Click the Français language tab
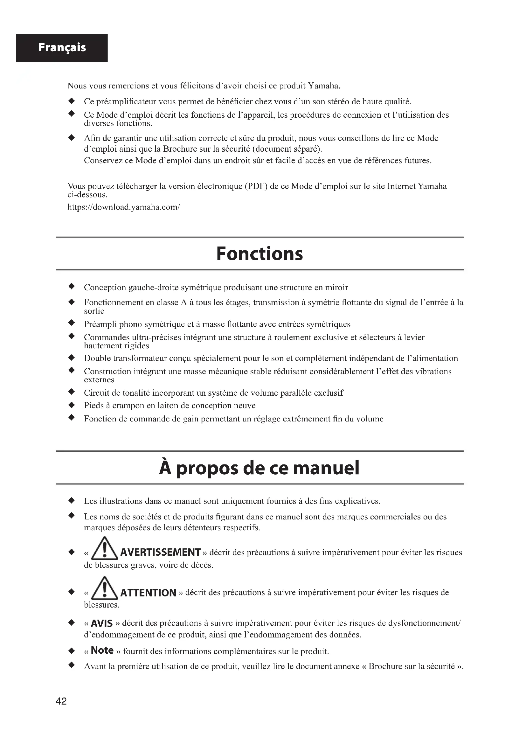point(62,48)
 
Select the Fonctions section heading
point(260,254)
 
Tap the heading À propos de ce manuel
point(260,468)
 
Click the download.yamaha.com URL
point(123,207)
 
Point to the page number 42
point(61,701)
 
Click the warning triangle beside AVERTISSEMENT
point(105,549)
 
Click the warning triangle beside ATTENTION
point(105,589)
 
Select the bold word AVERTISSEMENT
point(160,552)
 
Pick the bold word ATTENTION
point(148,593)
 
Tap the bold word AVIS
point(102,623)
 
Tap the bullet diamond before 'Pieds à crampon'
point(72,405)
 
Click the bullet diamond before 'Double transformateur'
point(72,358)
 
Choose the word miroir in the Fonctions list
point(337,288)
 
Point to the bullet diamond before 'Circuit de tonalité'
point(72,392)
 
